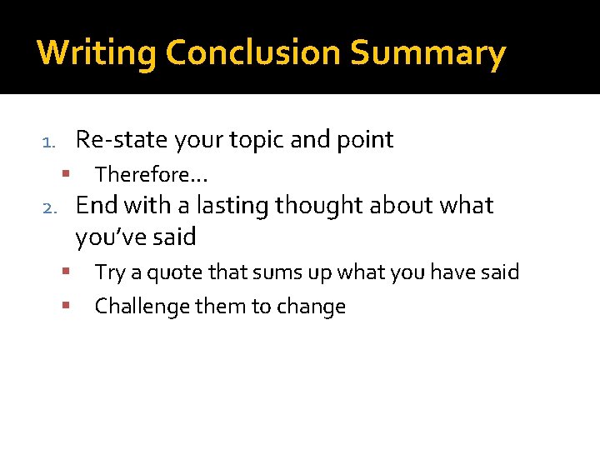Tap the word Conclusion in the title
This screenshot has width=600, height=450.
pos(253,53)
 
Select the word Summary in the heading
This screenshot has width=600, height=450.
pos(427,53)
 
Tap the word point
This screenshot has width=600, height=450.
pos(363,140)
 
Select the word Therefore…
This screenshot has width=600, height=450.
pos(151,174)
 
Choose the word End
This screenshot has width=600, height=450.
pos(96,205)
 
